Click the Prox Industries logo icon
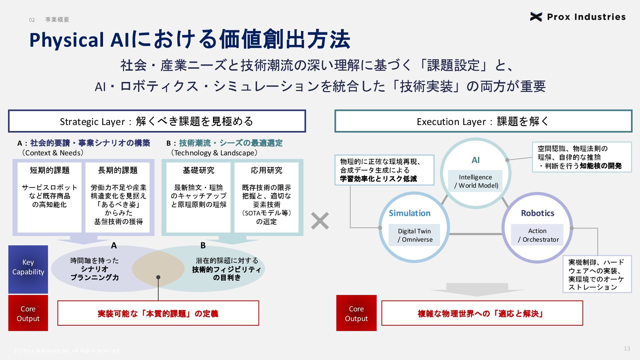pyautogui.click(x=536, y=17)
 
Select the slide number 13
pyautogui.click(x=627, y=349)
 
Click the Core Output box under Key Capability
pyautogui.click(x=28, y=313)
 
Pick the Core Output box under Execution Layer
pyautogui.click(x=356, y=313)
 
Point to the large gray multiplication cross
pyautogui.click(x=320, y=221)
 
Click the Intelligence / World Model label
pyautogui.click(x=476, y=181)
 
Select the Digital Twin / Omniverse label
pyautogui.click(x=414, y=235)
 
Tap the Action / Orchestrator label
pyautogui.click(x=537, y=235)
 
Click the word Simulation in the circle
pyautogui.click(x=409, y=213)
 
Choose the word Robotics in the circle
pyautogui.click(x=537, y=213)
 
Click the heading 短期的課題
pyautogui.click(x=50, y=170)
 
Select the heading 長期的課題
pyautogui.click(x=118, y=170)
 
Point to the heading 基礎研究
pyautogui.click(x=198, y=170)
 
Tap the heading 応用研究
pyautogui.click(x=266, y=170)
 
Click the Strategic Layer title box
pyautogui.click(x=157, y=121)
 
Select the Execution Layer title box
pyautogui.click(x=483, y=121)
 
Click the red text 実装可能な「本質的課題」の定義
pyautogui.click(x=158, y=314)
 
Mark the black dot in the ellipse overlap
pyautogui.click(x=158, y=277)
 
